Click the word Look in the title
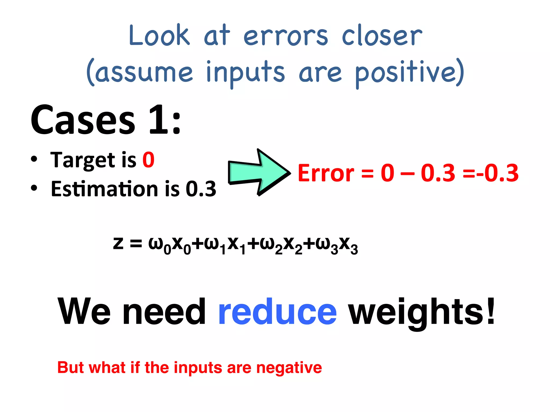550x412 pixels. [x=159, y=35]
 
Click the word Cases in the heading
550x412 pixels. [x=83, y=120]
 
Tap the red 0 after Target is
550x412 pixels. [x=148, y=160]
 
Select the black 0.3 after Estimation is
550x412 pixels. [x=201, y=189]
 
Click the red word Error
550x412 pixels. [x=326, y=173]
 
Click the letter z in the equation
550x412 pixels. [x=118, y=244]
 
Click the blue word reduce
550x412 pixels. [x=277, y=312]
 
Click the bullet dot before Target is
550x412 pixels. [x=34, y=159]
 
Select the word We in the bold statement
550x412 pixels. [x=84, y=312]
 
